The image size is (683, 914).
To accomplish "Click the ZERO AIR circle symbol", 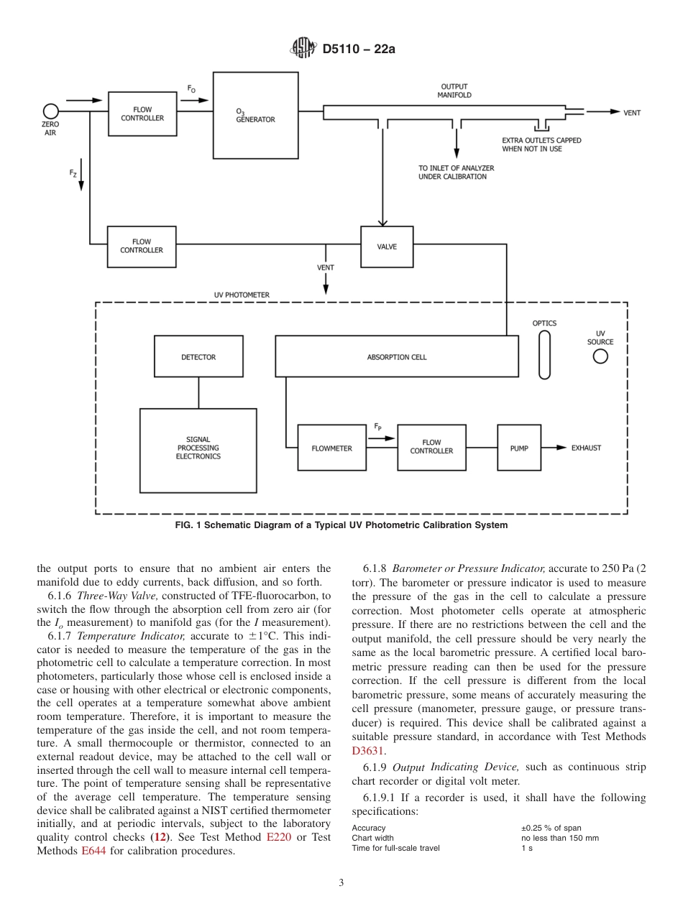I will click(50, 111).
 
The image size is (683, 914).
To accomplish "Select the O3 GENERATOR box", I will click(256, 115).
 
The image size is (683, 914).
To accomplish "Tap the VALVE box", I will click(387, 247).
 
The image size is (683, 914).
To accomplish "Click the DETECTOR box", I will click(198, 357).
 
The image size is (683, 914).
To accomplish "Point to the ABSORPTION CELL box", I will click(397, 357).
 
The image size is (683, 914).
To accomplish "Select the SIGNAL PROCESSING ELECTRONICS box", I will click(198, 451).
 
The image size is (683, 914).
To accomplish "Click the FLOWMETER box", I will click(332, 448).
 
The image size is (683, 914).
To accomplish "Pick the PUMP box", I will click(519, 448).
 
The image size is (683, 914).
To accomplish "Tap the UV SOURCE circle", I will click(600, 356).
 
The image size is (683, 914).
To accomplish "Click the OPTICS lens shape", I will click(545, 354).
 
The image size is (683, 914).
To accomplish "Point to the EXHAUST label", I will click(586, 448).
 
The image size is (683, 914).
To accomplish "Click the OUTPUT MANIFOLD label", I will click(455, 91).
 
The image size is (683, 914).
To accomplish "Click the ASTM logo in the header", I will click(303, 49).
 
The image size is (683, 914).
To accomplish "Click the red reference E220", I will click(278, 837).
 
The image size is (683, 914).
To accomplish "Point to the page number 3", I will click(341, 883).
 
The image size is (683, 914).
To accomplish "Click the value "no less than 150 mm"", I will click(559, 838).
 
